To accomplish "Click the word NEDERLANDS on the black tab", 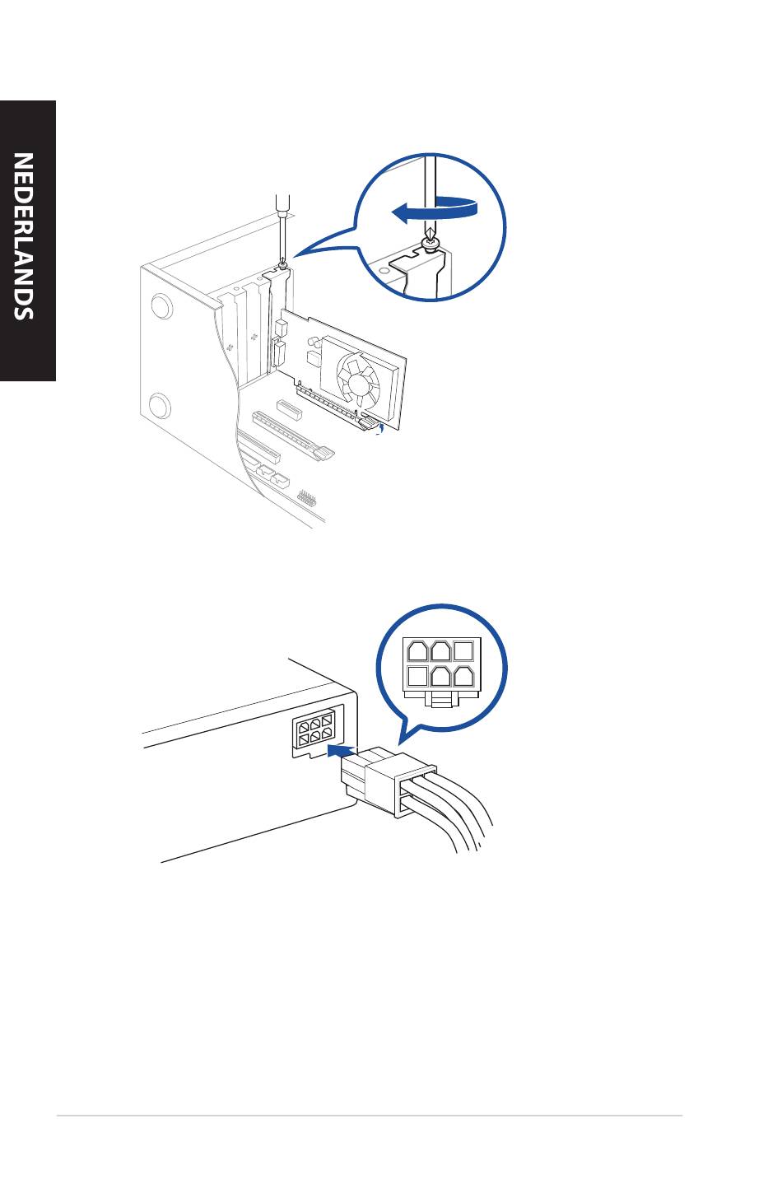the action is [24, 236].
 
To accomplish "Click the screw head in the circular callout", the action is [431, 245].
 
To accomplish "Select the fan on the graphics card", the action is [357, 380].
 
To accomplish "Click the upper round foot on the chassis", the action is [161, 305].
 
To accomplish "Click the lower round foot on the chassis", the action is [159, 406].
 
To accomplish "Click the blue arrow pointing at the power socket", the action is [342, 749].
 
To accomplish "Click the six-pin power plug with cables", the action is [389, 784].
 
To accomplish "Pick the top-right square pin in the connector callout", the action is [463, 650].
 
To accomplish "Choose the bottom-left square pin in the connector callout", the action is [417, 676].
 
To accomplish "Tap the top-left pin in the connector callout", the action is [417, 650].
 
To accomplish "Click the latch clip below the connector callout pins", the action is [441, 700].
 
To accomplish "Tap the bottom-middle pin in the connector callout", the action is [440, 676].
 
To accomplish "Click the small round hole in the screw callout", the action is [384, 271].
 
